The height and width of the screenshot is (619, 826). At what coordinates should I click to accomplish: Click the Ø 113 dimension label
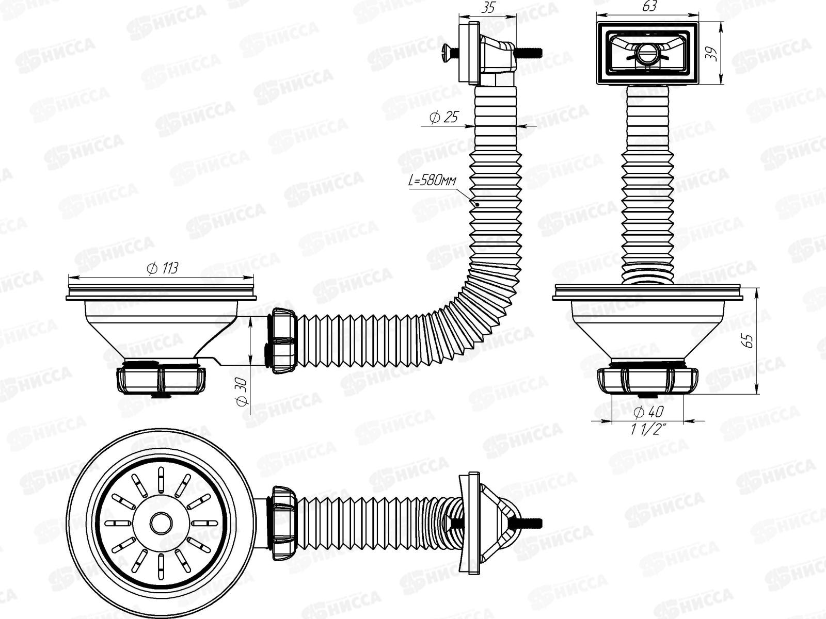pos(162,268)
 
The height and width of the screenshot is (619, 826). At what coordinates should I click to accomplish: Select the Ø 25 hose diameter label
pos(443,118)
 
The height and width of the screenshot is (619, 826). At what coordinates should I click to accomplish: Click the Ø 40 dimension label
pos(648,412)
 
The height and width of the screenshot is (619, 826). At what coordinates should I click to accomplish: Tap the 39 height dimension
pos(714,53)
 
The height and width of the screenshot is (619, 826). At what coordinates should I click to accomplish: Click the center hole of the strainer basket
pos(161,523)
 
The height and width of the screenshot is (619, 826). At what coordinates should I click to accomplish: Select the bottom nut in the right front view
pos(648,382)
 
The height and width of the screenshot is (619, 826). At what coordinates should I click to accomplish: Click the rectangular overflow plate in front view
pos(647,53)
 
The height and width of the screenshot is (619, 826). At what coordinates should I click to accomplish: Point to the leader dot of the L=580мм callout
pos(478,204)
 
